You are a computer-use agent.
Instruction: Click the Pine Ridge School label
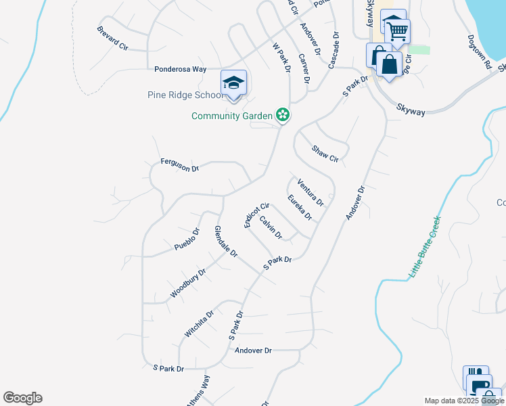click(185, 95)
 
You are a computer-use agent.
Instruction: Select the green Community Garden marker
click(283, 116)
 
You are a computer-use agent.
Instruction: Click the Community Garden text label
click(231, 116)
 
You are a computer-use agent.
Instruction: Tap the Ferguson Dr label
click(180, 164)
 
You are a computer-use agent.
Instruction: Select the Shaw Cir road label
click(325, 154)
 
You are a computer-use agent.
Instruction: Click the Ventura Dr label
click(310, 191)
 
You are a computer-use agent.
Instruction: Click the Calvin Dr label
click(271, 227)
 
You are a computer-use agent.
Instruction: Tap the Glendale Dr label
click(226, 242)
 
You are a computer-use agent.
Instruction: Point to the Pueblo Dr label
click(187, 240)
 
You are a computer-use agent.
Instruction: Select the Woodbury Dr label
click(188, 282)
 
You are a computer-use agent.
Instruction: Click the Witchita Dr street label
click(199, 324)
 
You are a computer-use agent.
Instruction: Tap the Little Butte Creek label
click(425, 248)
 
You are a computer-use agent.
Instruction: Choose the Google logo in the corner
click(22, 398)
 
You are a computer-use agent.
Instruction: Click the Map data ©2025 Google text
click(464, 401)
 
